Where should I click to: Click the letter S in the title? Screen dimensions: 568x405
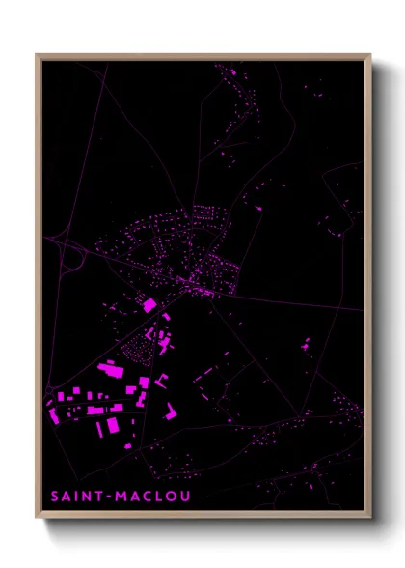point(56,497)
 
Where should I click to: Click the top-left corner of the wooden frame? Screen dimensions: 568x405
point(37,55)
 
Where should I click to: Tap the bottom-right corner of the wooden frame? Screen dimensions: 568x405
point(370,518)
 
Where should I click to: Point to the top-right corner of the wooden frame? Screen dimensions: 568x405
point(370,55)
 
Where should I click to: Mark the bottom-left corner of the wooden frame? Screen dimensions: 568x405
point(37,518)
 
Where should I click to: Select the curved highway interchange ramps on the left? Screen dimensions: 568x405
point(69,255)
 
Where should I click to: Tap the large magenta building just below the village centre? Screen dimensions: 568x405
point(149,305)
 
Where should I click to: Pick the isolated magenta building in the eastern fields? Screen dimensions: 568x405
point(306,343)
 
